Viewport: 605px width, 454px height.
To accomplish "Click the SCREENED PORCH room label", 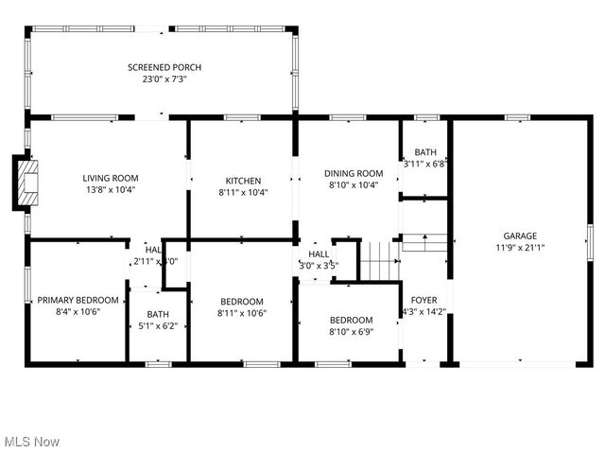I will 164,67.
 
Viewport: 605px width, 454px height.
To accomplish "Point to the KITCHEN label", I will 243,181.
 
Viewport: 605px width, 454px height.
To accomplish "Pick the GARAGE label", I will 520,236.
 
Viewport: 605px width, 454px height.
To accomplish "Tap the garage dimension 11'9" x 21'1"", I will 520,248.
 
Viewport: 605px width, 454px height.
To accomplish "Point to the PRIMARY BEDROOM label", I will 78,300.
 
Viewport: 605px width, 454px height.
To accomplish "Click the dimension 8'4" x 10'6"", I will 78,312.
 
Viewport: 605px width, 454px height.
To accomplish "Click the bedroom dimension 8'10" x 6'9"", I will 351,332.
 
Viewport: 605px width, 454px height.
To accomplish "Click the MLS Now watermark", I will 31,442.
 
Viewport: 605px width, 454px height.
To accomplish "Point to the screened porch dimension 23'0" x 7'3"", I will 164,79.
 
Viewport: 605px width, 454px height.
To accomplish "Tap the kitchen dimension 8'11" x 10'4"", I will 243,193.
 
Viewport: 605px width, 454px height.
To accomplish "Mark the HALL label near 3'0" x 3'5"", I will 319,254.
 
